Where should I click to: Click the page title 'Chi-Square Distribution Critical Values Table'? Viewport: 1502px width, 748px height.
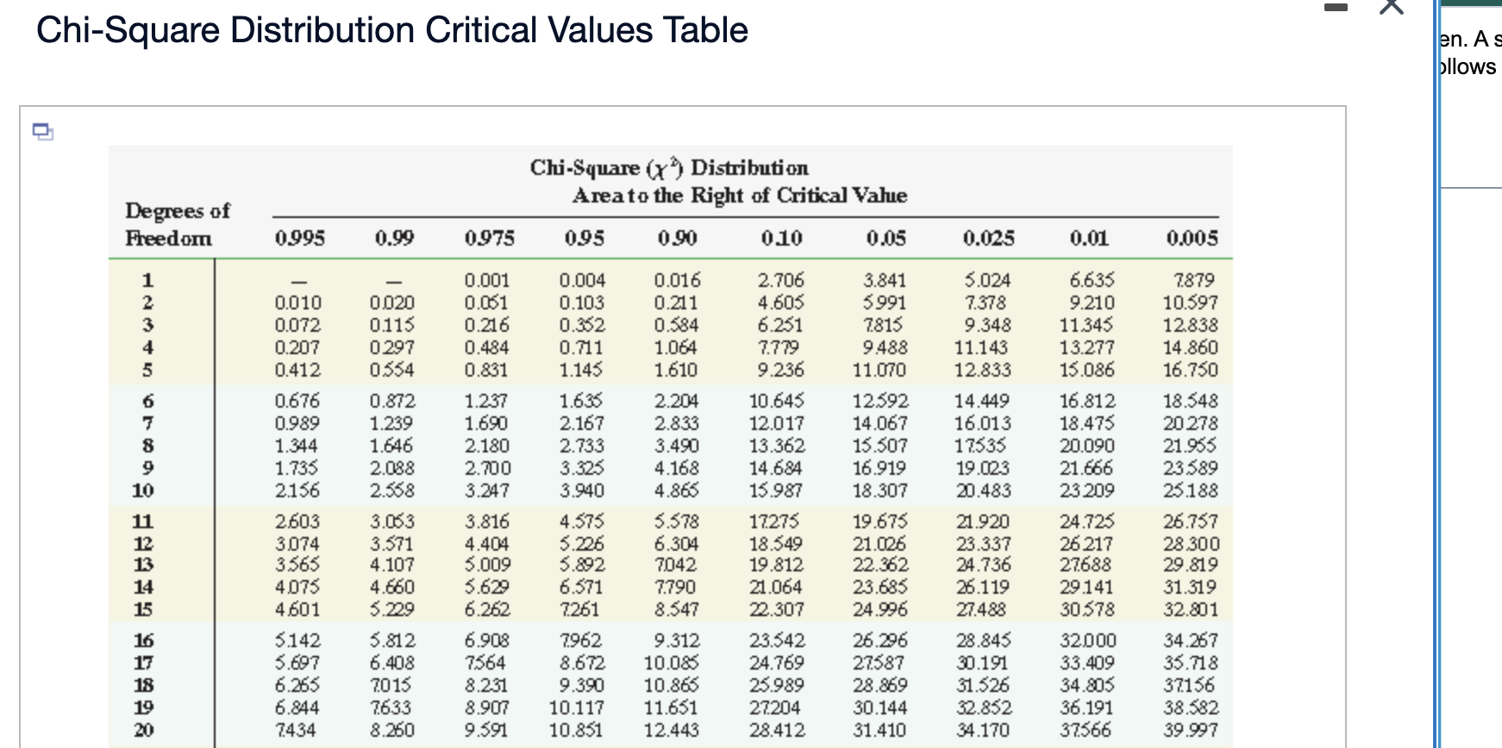coord(391,30)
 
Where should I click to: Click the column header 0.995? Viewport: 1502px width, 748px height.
coord(299,238)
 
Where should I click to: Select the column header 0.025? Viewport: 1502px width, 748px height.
coord(988,238)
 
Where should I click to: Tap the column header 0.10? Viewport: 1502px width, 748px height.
coord(781,238)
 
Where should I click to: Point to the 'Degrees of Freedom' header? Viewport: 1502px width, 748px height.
coord(176,224)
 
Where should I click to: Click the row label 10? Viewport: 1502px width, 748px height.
coord(143,490)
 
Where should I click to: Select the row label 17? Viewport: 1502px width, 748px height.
coord(143,663)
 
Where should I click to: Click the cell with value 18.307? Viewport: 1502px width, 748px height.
coord(879,490)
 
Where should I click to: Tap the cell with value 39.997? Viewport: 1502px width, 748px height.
coord(1190,730)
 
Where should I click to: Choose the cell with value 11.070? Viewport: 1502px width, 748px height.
coord(879,370)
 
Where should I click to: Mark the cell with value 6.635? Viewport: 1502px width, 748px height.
coord(1091,280)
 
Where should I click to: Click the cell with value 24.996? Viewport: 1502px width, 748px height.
coord(879,609)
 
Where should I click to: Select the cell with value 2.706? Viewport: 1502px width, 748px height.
coord(780,280)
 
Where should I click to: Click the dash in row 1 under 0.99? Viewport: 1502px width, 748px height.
coord(393,281)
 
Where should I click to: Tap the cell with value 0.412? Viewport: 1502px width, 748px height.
coord(297,370)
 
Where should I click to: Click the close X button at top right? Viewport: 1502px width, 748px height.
coord(1392,7)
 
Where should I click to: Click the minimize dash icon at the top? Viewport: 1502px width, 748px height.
coord(1336,8)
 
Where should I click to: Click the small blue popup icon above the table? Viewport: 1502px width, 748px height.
coord(42,132)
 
